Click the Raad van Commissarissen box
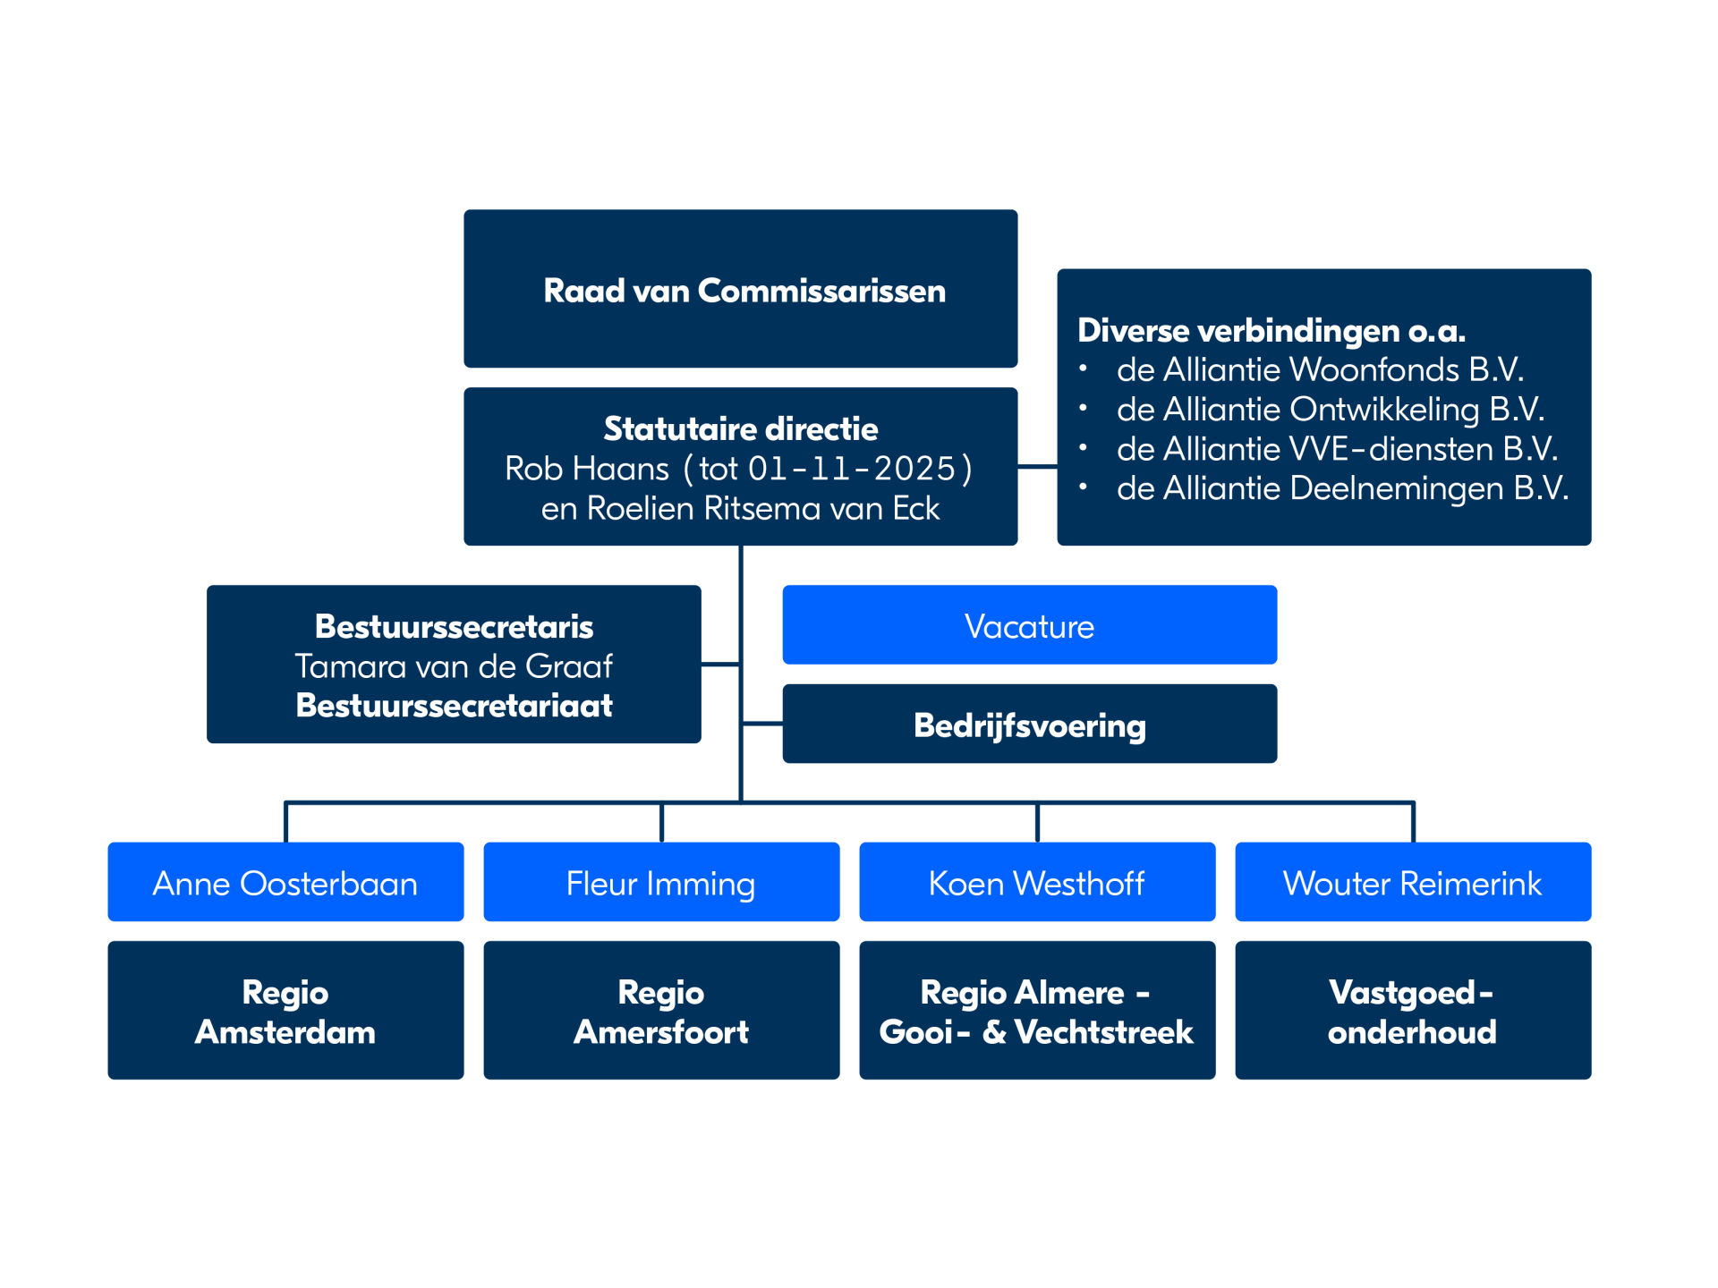tap(740, 288)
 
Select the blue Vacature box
tap(1029, 624)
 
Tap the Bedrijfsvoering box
tap(1029, 724)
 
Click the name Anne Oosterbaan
tap(285, 884)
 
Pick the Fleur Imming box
tap(661, 882)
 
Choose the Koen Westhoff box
tap(1037, 882)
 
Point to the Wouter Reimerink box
tap(1413, 882)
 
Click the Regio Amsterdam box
tap(285, 1010)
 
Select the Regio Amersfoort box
tap(661, 1010)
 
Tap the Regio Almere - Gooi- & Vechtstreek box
tap(1037, 1010)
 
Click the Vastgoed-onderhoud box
tap(1413, 1010)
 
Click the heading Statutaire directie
tap(741, 429)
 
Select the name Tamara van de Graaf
tap(454, 666)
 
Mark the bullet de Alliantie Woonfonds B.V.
tap(1320, 369)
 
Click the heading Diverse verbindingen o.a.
tap(1271, 331)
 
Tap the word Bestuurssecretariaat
tap(454, 706)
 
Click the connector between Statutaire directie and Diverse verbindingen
tap(1038, 466)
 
